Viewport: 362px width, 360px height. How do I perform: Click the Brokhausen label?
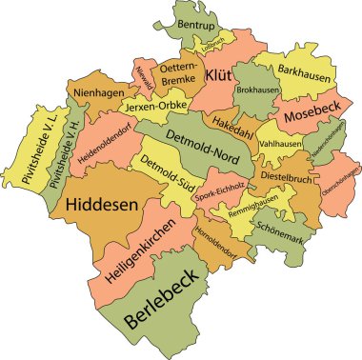pos(257,88)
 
